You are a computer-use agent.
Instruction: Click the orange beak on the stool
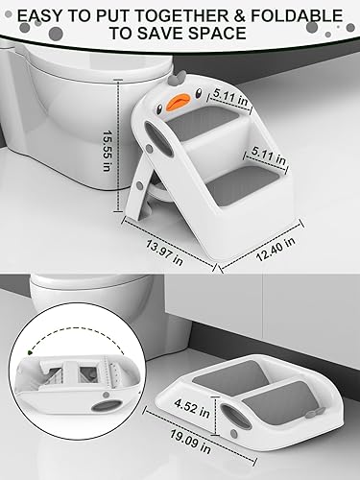pos(178,98)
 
